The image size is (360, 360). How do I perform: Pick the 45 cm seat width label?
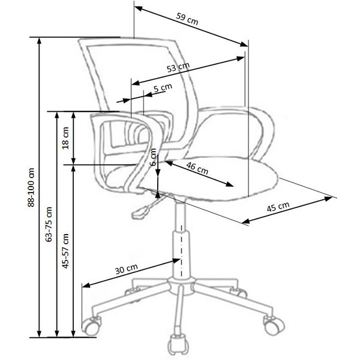(278, 208)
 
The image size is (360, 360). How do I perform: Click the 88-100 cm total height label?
(31, 187)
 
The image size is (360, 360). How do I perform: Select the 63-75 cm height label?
(49, 223)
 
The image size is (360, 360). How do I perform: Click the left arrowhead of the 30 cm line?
(84, 286)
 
